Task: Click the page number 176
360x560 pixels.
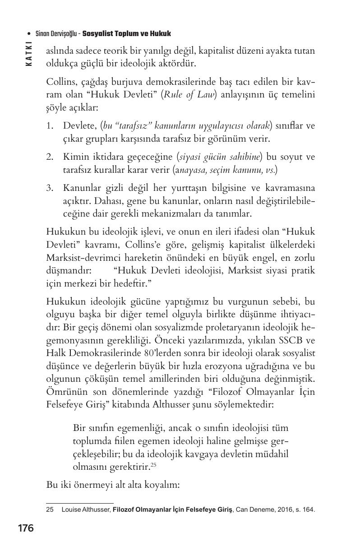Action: point(26,528)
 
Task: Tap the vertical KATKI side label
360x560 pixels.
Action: point(29,54)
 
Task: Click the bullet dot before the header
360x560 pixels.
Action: point(29,34)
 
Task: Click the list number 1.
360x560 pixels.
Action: point(50,125)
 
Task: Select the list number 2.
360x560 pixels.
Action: point(50,157)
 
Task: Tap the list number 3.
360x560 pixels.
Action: point(50,188)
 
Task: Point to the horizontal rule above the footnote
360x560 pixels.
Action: point(80,503)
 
